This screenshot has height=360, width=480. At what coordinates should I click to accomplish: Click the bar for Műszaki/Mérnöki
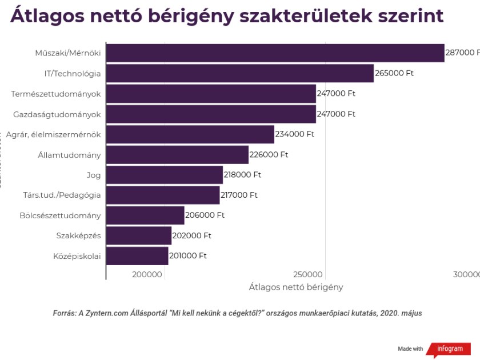tap(275, 53)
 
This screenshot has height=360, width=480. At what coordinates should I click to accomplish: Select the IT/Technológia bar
tap(240, 74)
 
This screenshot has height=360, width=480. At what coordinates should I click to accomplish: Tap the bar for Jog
tap(165, 175)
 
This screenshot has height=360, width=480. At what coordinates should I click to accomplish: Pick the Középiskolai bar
tap(137, 256)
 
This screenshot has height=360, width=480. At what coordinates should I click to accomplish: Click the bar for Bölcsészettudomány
tap(145, 215)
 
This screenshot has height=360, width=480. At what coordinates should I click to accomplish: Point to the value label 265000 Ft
tap(394, 74)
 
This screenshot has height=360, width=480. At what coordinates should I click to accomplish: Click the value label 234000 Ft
tap(295, 134)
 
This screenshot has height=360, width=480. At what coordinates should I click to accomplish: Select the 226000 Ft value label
tap(269, 155)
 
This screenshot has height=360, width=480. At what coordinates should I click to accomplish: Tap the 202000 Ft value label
tap(192, 236)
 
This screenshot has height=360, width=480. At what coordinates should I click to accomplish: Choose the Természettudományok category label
tap(56, 94)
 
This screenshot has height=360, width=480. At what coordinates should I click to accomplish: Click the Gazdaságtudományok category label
tap(57, 114)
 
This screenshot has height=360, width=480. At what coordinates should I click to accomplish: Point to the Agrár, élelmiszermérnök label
tap(54, 134)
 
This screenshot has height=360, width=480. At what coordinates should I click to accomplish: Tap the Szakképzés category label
tap(78, 236)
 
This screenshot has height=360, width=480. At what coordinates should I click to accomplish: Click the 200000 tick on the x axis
tap(147, 275)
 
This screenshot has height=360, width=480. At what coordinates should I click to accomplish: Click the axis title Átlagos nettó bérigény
tap(296, 287)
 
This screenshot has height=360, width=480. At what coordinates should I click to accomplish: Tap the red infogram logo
tap(451, 349)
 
